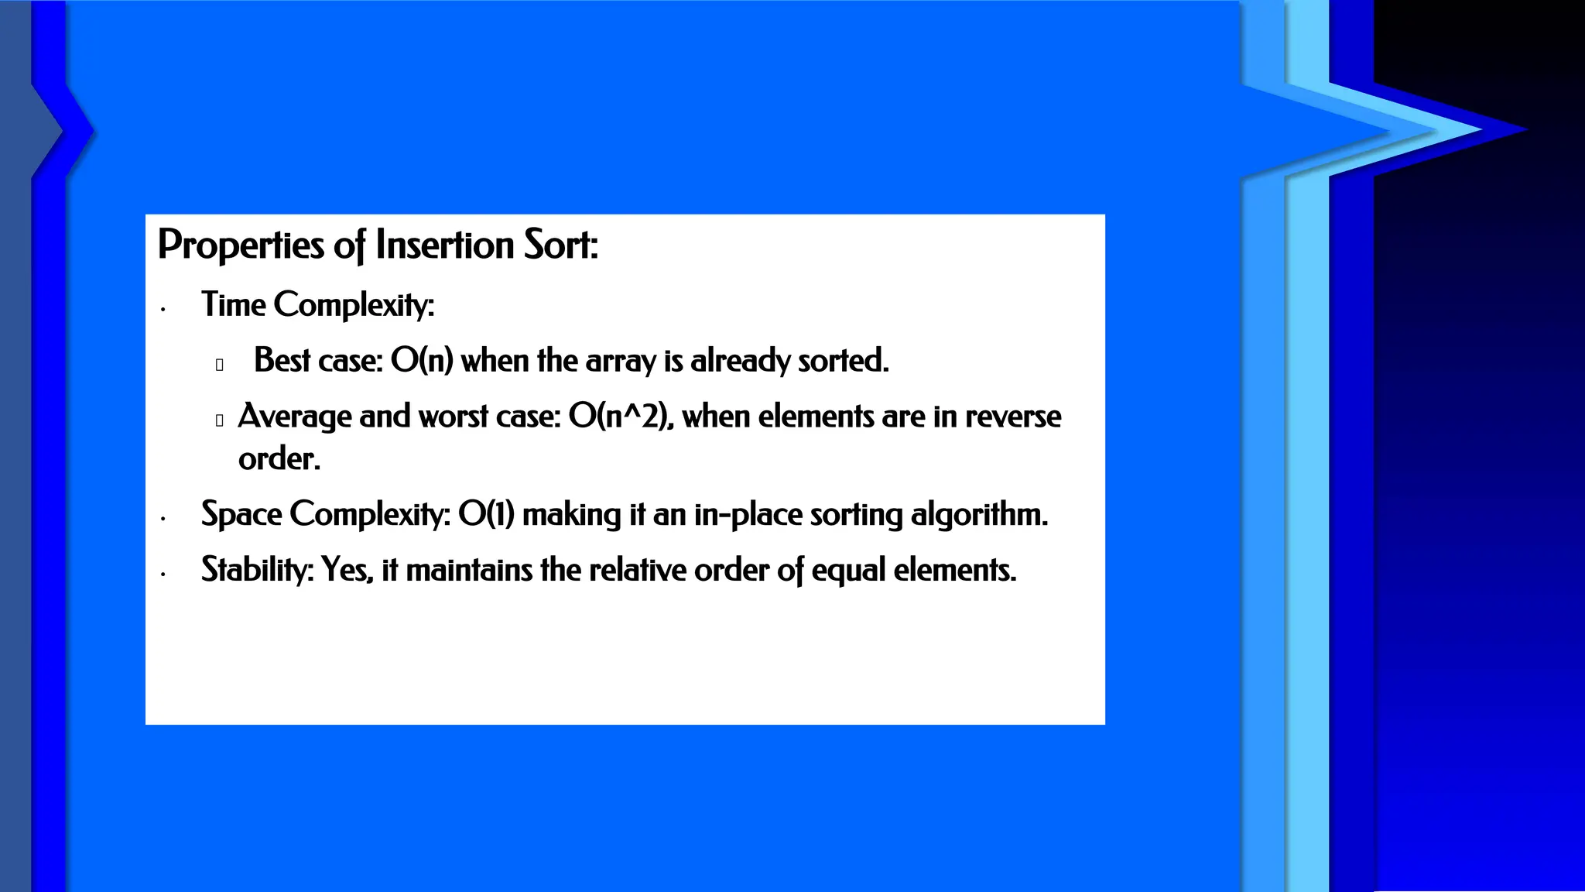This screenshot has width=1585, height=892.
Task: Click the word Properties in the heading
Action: [x=241, y=245]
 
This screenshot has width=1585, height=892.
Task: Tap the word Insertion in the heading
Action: [x=444, y=245]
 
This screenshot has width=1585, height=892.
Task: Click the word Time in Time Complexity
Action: [x=234, y=304]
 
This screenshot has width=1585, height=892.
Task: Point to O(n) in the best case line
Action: [x=422, y=360]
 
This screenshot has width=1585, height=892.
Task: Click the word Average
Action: [x=294, y=417]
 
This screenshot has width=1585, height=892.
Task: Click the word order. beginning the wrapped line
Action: [x=279, y=459]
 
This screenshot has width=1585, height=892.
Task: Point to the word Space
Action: [x=241, y=514]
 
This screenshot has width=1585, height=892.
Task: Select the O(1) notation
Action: [x=486, y=514]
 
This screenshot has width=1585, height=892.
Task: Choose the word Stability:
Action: [x=257, y=570]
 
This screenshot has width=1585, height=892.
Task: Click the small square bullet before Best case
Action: [x=220, y=365]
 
